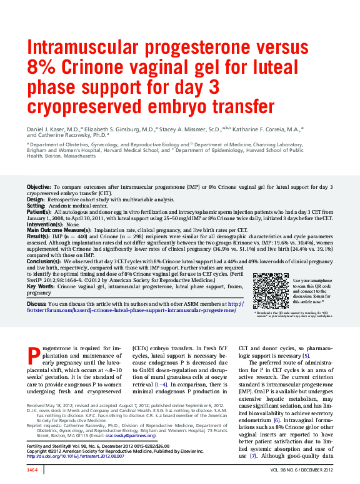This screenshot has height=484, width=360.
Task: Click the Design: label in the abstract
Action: point(36,199)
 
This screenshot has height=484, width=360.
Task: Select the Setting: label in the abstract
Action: point(36,206)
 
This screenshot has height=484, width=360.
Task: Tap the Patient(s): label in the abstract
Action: point(39,212)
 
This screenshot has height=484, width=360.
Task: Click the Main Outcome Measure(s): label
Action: point(59,230)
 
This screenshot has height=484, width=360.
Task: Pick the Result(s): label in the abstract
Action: point(38,236)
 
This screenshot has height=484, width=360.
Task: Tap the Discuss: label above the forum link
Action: point(37,304)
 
